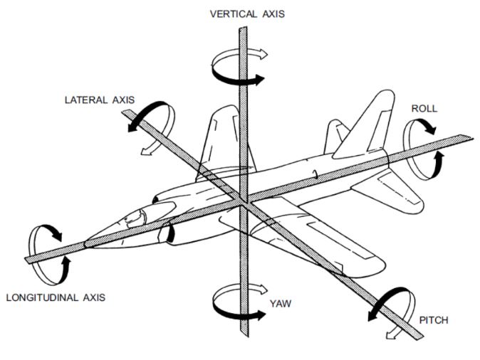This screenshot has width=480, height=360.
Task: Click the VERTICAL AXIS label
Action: [x=247, y=14]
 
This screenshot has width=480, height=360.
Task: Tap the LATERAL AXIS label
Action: [x=100, y=100]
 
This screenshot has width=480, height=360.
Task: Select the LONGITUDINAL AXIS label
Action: [x=56, y=297]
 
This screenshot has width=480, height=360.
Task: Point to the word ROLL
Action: [x=424, y=109]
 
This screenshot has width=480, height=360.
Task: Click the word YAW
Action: [x=281, y=304]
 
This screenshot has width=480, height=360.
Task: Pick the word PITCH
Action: [x=434, y=321]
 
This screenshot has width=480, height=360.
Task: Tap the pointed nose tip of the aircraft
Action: [x=85, y=244]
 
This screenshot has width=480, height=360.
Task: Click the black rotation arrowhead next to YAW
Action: [x=260, y=314]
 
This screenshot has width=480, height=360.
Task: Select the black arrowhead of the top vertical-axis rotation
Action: [x=260, y=80]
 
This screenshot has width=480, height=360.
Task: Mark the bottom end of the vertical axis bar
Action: [x=244, y=335]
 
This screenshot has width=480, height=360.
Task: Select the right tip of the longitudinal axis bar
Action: [x=472, y=137]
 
